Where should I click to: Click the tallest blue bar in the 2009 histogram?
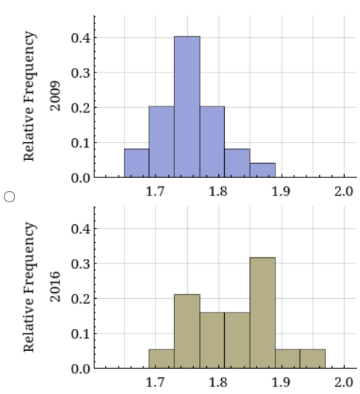[x=187, y=106]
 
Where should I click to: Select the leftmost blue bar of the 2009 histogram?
[x=137, y=163]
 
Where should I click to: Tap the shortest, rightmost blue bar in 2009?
[x=263, y=170]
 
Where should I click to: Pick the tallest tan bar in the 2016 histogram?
[x=263, y=312]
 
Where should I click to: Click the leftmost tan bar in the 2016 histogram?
[x=162, y=359]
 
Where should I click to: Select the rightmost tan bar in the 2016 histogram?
[x=312, y=359]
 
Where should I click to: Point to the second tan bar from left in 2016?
[x=187, y=331]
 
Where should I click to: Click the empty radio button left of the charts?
[x=10, y=195]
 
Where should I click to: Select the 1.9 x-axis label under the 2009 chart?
[x=282, y=191]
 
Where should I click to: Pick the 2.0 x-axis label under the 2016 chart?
[x=344, y=382]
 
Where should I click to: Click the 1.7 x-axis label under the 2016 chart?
[x=155, y=382]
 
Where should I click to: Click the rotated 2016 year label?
[x=54, y=288]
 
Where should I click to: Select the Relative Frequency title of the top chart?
[x=30, y=96]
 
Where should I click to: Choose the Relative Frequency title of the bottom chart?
[x=30, y=287]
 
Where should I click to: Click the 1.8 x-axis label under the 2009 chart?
[x=219, y=191]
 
